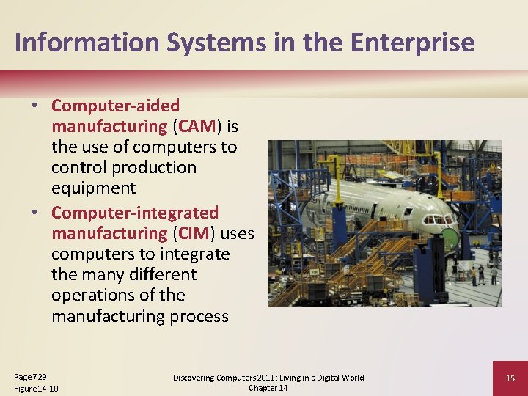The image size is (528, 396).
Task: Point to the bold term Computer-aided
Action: click(x=115, y=106)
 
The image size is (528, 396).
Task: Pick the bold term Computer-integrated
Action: click(x=135, y=213)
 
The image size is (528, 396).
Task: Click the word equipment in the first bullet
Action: click(x=93, y=188)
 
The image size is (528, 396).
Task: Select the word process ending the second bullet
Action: click(x=198, y=316)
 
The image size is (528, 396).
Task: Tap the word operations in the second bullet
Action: click(x=94, y=295)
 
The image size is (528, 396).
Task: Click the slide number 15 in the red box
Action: click(x=510, y=378)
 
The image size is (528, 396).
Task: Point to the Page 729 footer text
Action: click(x=30, y=376)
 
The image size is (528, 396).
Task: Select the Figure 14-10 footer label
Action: click(x=36, y=388)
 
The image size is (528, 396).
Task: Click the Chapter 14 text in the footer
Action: click(x=268, y=388)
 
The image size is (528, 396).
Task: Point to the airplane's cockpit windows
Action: click(x=439, y=219)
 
